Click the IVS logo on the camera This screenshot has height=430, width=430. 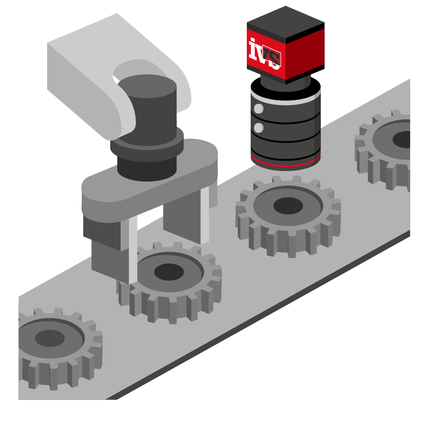264,54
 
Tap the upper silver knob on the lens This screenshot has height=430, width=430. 258,109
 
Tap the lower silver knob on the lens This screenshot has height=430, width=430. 258,128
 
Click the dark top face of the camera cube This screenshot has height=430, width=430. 286,24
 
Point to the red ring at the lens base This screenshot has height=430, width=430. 286,163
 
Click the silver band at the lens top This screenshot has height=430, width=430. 286,99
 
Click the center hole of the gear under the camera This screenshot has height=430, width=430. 288,206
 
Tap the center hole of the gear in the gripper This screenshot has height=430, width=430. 169,272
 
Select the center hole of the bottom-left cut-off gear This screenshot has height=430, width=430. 50,338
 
